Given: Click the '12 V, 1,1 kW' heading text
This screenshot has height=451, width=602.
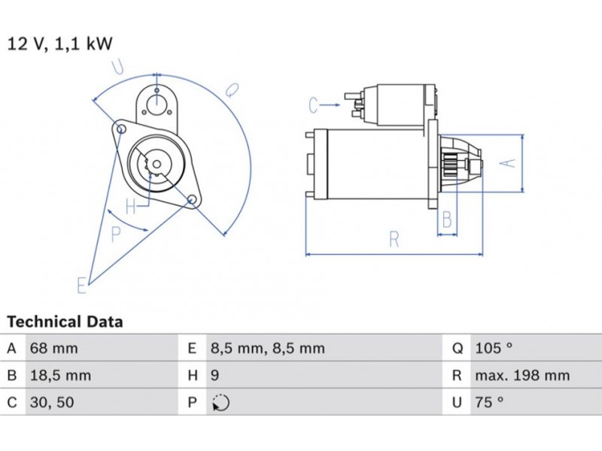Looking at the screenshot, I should (60, 44).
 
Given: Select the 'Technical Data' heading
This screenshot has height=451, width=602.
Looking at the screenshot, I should (65, 322).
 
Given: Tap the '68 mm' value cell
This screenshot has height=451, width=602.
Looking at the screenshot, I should (53, 348).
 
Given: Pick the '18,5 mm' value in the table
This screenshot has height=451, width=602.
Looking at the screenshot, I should (59, 375).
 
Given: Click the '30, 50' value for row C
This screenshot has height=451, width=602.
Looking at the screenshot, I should (52, 403).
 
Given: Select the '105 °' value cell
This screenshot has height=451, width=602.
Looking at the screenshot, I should (494, 348).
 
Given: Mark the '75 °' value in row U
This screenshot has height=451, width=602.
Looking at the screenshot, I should (489, 403).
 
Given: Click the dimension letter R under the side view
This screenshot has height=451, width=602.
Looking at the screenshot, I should (394, 240).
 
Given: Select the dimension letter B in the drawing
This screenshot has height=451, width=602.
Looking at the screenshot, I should (447, 219).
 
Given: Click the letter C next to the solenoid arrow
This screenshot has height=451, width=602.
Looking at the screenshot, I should (314, 106).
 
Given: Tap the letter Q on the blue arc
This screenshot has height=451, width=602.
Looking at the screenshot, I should (232, 89).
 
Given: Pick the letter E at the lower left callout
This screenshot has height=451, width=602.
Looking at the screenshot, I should (81, 285).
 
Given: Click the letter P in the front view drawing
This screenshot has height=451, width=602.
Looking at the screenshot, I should (115, 235).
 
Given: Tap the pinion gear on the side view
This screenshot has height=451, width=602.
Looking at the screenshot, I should (454, 163).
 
